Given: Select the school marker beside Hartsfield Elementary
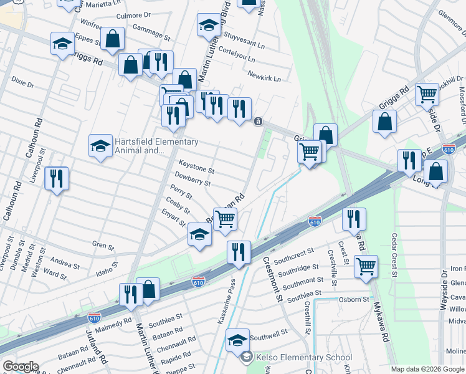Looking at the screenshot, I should [100, 146].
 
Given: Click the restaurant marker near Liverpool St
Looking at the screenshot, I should [57, 179].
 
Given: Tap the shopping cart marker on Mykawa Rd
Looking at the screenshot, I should [366, 266].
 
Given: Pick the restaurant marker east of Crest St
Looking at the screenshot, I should [354, 219].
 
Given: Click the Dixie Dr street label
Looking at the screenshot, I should [22, 82].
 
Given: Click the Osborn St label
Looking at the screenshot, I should [355, 299].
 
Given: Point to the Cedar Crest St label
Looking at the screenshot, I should [394, 254].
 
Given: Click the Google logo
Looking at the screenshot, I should [20, 367].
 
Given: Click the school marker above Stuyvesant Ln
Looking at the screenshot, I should [209, 26].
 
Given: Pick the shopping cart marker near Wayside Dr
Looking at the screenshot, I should [427, 95].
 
